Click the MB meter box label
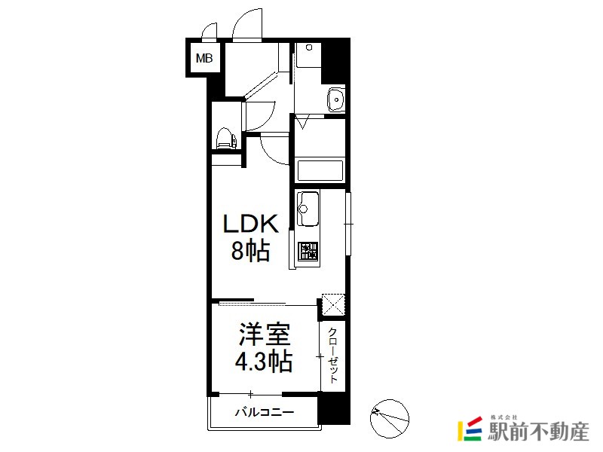204,58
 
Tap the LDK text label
251,224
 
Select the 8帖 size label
250,251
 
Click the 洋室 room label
265,334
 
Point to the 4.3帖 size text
264,361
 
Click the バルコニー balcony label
265,412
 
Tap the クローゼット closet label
333,356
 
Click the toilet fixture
226,139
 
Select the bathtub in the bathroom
320,170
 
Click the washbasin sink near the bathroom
336,99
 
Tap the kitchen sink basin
308,209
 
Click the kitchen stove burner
309,251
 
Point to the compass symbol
390,419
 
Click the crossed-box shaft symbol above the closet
333,304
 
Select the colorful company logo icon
470,429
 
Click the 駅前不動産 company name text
538,431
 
